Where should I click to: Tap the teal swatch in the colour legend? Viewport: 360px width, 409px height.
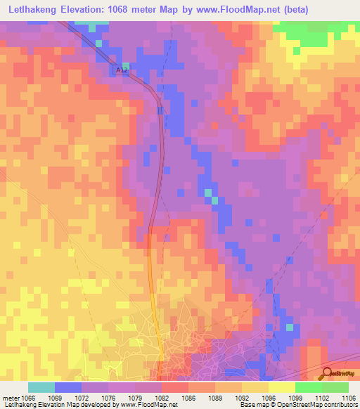coord(41,387)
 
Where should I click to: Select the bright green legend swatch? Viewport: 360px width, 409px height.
coord(308,387)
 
